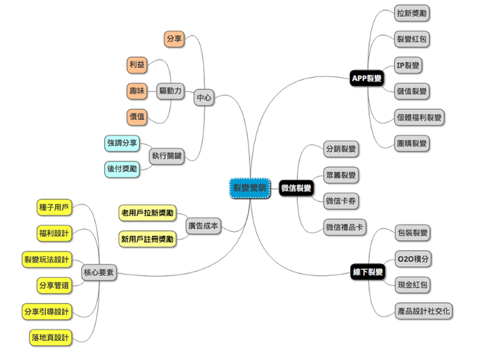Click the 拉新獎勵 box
[413, 13]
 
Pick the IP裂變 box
[408, 65]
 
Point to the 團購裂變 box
[413, 143]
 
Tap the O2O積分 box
[412, 259]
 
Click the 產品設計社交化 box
[423, 312]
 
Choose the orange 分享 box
[174, 39]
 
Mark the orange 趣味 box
[137, 91]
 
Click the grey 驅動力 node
[170, 91]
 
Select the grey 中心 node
[204, 97]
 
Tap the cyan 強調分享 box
[123, 143]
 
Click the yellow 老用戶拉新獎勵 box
[147, 213]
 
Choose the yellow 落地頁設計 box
[50, 337]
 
